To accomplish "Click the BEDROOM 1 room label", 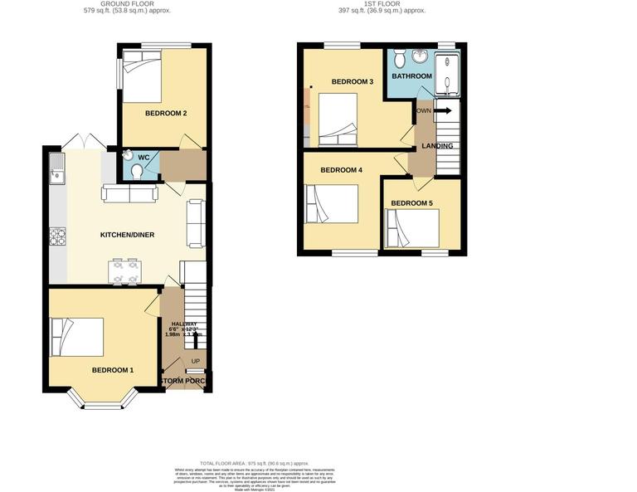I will tap(112, 370).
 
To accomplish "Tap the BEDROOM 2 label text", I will tap(165, 114).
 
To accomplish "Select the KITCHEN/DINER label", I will tap(128, 235).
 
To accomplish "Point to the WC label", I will tap(143, 158).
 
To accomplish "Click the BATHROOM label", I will tap(412, 76).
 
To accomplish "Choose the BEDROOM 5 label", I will tap(411, 203).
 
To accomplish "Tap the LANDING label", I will tap(437, 146).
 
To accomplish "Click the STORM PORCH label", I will tap(184, 381).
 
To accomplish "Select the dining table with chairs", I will tap(125, 271).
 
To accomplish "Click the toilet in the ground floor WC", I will tap(137, 170).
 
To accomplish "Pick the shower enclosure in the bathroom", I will tap(448, 73).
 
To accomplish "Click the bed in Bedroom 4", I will tap(332, 204).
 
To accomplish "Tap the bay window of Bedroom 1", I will tap(104, 404).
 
